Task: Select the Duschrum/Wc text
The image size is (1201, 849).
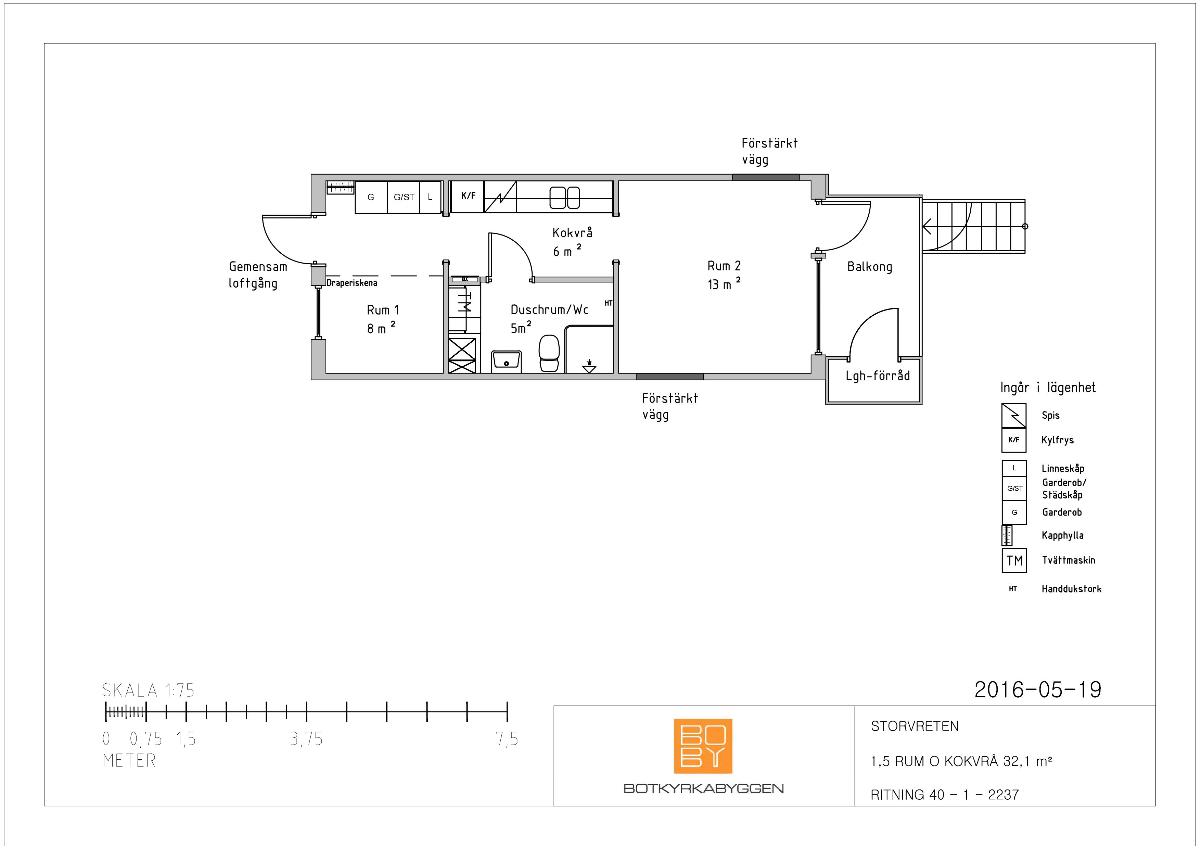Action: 549,310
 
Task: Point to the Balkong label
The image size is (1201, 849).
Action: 869,267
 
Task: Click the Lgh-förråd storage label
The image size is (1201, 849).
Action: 878,376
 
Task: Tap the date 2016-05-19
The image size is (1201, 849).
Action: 1038,690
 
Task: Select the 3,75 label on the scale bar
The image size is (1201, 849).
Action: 307,739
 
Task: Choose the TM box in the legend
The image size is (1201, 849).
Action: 1014,561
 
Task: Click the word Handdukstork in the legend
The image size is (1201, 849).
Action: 1071,589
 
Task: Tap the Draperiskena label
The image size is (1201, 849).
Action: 352,283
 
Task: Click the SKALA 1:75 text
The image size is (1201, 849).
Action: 148,690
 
